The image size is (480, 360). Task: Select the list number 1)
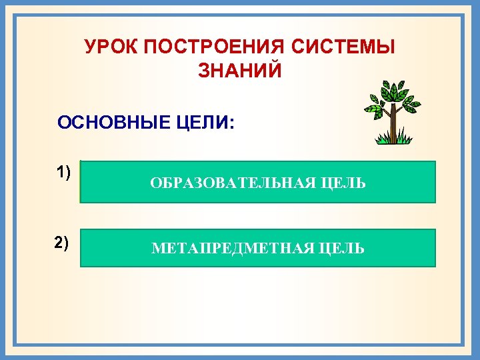[63, 172]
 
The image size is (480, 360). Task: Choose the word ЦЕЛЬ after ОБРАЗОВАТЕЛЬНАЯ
[341, 183]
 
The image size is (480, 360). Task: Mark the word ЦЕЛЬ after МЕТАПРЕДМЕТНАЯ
[341, 249]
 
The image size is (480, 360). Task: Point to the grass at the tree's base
[393, 139]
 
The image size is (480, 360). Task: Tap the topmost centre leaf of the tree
[395, 86]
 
